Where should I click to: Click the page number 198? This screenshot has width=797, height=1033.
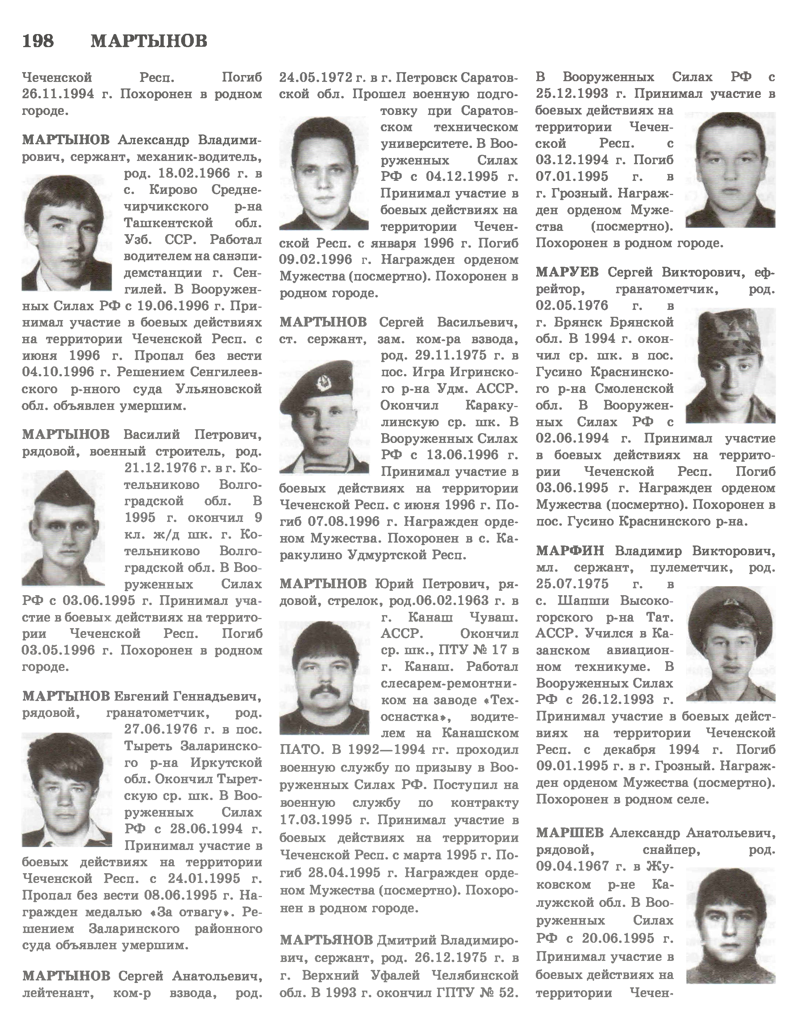click(x=38, y=41)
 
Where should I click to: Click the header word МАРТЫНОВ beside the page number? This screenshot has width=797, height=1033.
click(x=149, y=41)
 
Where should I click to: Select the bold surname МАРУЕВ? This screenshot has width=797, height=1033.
click(x=567, y=273)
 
